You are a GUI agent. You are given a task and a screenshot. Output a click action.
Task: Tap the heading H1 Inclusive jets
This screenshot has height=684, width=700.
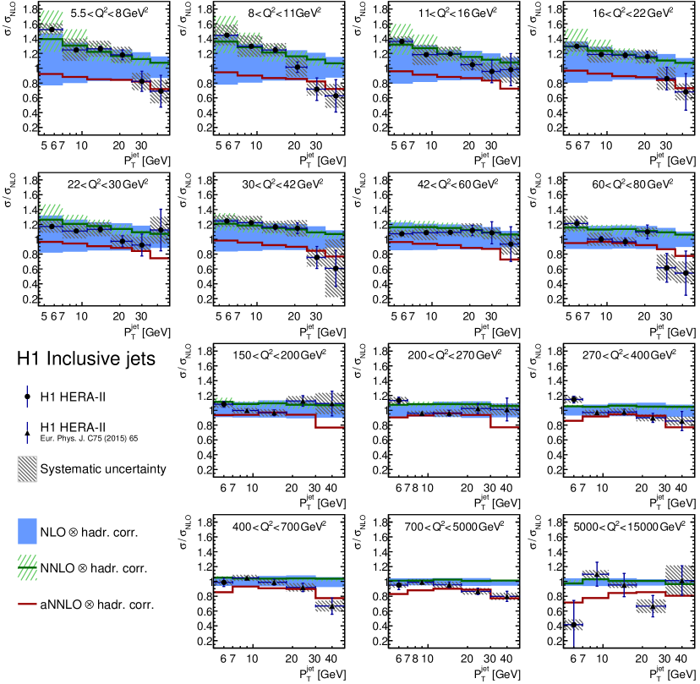[x=86, y=360]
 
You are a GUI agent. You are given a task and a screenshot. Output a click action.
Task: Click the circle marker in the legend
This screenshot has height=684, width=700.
[x=29, y=396]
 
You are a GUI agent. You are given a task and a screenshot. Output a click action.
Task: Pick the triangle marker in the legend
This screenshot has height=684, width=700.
[x=29, y=433]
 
